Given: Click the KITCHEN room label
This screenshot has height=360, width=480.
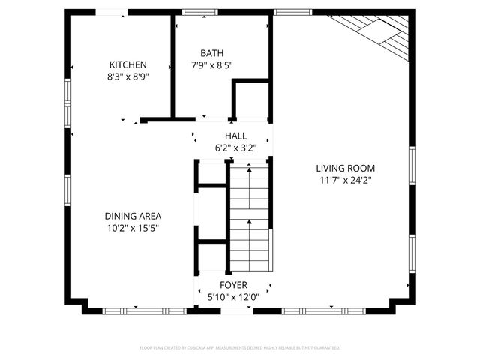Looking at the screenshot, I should [127, 65].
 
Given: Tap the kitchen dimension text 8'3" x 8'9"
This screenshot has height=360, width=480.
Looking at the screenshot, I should [127, 76].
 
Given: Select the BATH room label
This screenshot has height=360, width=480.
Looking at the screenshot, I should [211, 53].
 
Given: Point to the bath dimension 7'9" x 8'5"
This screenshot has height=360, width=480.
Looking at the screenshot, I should [211, 65].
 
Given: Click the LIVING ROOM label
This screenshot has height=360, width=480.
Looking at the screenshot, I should [345, 169].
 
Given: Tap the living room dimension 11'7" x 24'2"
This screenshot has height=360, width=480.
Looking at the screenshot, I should [345, 181].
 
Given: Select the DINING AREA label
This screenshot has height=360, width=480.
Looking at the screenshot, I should [133, 216].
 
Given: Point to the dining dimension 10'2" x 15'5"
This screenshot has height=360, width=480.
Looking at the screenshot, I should [133, 228].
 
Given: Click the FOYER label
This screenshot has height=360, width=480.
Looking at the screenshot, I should [233, 285].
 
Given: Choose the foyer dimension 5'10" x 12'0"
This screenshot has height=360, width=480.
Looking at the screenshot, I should [233, 297].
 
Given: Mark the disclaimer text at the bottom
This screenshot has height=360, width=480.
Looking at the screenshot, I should [240, 348].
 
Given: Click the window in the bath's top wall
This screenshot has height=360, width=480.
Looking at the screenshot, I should [196, 12].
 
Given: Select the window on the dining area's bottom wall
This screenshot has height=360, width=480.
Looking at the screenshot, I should [144, 310].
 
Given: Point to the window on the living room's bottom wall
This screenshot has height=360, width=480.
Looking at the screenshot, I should [324, 310].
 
